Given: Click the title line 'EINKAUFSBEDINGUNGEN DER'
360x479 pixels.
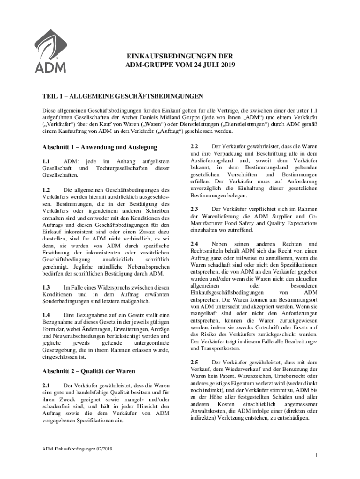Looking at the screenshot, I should (180, 55).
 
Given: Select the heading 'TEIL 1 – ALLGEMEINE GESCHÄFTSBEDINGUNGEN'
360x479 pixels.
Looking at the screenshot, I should (122, 97).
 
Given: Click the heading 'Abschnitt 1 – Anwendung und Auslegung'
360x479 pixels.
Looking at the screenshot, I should (100, 148).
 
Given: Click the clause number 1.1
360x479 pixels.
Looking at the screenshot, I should (46, 161).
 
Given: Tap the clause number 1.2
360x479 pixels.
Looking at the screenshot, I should (46, 190).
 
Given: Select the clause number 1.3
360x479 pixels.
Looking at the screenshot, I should (46, 287).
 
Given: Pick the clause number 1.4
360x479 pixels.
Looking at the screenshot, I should (46, 315).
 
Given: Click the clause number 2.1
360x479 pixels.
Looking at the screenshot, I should (46, 385).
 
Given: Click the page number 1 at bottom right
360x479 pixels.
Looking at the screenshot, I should (317, 456).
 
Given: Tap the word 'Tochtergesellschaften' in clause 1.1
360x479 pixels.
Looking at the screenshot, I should (124, 168).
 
